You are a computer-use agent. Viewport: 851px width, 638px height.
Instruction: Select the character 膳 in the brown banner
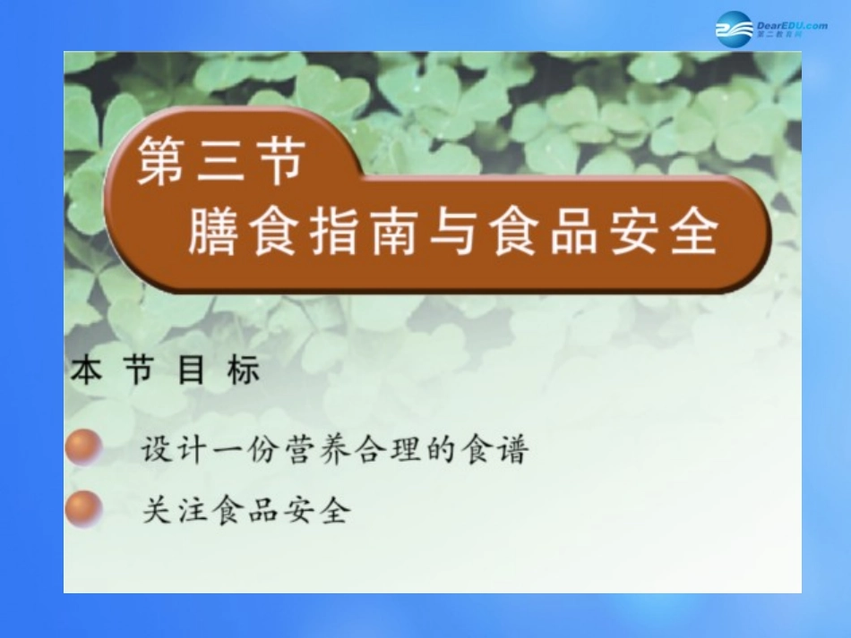[212, 234]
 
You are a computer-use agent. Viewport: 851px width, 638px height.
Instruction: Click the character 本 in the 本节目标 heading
[86, 371]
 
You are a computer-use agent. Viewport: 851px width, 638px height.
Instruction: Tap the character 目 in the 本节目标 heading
[191, 371]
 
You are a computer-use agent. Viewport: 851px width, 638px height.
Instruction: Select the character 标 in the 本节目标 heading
[243, 371]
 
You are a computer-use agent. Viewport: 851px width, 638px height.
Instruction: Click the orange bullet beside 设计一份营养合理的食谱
[85, 447]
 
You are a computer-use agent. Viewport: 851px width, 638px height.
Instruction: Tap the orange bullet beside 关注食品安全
[85, 509]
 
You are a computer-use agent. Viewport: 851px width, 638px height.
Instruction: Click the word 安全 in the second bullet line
[315, 510]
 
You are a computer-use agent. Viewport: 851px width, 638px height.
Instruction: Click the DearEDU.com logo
[771, 28]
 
